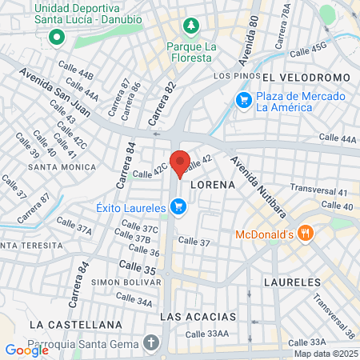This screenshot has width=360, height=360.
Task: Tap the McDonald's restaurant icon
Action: click(x=304, y=234)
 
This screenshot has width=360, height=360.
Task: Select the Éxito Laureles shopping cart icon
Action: click(x=178, y=208)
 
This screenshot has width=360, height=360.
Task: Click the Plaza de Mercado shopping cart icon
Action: click(x=242, y=100)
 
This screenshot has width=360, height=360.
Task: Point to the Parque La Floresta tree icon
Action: click(x=190, y=27)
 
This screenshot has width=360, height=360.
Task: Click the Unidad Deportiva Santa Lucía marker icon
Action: click(x=56, y=37)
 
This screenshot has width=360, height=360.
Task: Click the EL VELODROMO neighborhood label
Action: click(x=306, y=77)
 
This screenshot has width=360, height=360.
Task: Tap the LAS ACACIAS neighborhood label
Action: click(x=198, y=316)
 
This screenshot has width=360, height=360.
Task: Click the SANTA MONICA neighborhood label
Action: click(x=62, y=167)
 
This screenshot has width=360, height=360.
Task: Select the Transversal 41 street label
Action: click(x=319, y=192)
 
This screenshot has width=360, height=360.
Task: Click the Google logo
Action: click(x=26, y=350)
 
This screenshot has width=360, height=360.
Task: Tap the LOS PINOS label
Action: click(x=236, y=76)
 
